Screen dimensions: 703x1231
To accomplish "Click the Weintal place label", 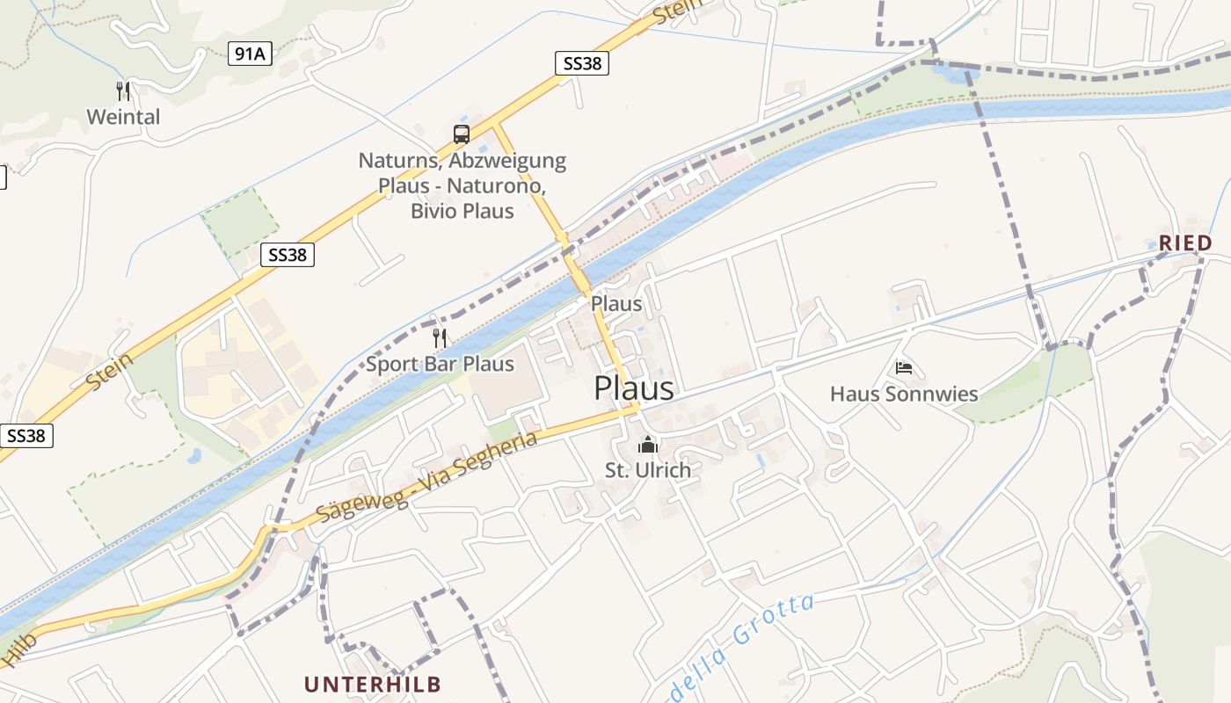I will [x=123, y=117].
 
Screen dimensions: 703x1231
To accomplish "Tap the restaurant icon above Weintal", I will [x=123, y=91].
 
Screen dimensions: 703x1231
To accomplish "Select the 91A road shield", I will [x=250, y=54].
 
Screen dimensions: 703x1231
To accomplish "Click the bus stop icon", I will [x=462, y=134].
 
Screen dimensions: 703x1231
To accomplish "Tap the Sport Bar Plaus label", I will [x=440, y=364].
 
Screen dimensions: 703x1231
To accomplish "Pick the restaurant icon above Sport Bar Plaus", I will [x=440, y=337].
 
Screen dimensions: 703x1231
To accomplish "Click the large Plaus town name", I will [x=634, y=388].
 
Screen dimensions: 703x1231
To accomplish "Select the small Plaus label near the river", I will [x=616, y=304].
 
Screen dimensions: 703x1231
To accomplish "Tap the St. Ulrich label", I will [x=648, y=470].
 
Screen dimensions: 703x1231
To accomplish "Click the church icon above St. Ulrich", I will [x=648, y=445].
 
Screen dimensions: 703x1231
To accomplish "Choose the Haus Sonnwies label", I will [x=904, y=394].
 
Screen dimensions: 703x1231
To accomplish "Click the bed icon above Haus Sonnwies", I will [x=904, y=367].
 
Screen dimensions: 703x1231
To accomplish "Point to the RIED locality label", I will [x=1185, y=243].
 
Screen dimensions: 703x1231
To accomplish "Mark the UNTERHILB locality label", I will [x=373, y=684].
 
